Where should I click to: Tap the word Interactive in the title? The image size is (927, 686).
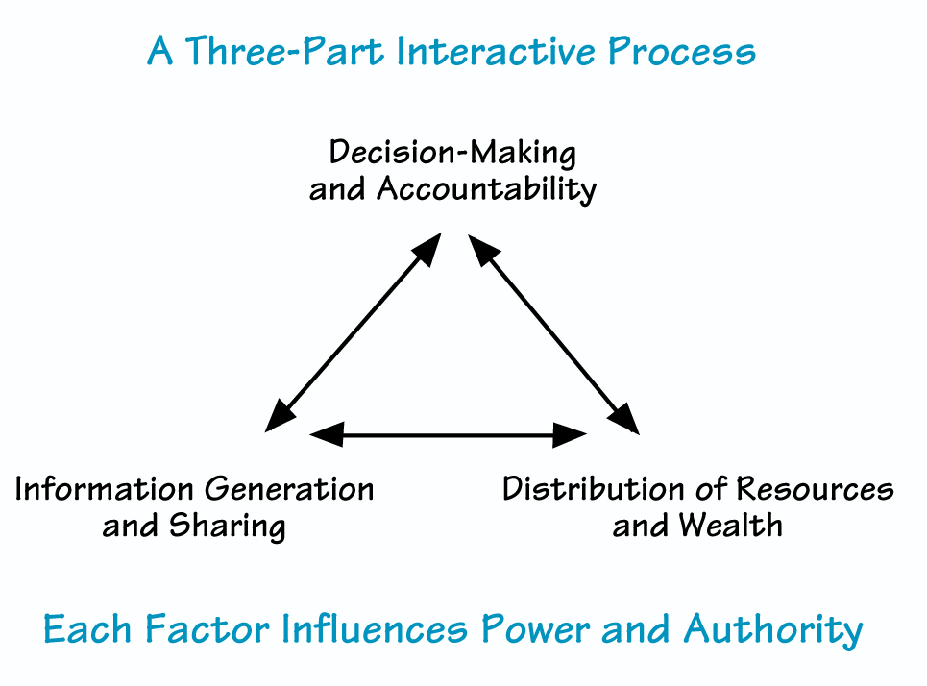(496, 52)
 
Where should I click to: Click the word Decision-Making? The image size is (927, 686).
(452, 153)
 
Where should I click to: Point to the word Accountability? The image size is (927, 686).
(486, 189)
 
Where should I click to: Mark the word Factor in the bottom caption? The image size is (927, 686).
(208, 630)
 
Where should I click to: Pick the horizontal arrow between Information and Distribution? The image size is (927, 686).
(450, 436)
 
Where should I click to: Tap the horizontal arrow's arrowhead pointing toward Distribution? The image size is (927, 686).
(573, 436)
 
